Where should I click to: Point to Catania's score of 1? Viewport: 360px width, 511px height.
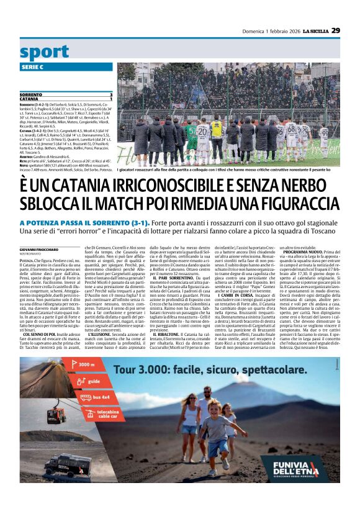point(111,99)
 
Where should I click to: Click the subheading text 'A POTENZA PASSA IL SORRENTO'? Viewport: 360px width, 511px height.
point(76,206)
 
